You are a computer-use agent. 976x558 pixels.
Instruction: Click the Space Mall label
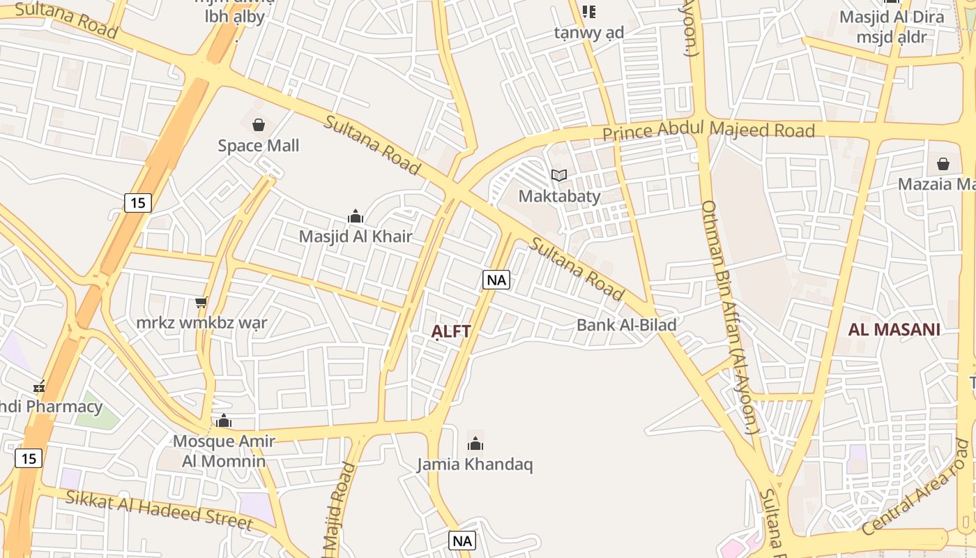click(x=258, y=145)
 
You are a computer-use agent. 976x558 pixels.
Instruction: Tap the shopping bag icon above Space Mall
click(x=259, y=125)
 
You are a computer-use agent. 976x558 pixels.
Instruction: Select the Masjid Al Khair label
click(x=356, y=236)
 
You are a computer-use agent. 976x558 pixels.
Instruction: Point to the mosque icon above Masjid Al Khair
click(x=356, y=216)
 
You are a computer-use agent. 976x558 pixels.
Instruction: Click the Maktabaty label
click(x=559, y=196)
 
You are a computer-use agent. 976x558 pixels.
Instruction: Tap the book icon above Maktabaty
click(x=559, y=175)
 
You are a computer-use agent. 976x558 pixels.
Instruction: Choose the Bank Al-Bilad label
click(x=626, y=324)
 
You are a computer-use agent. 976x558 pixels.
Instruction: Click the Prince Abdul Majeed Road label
click(x=708, y=130)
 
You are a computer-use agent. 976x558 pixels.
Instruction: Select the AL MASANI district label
click(x=894, y=329)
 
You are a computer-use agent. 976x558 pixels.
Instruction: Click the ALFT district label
click(x=451, y=331)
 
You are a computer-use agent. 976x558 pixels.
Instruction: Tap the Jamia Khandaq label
click(x=475, y=464)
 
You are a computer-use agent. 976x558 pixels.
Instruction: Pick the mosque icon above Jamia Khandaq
click(x=475, y=444)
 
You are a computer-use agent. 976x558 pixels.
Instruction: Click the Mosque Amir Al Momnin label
click(x=224, y=451)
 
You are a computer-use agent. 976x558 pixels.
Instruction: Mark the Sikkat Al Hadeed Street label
click(x=159, y=510)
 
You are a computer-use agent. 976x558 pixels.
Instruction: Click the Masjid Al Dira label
click(x=892, y=17)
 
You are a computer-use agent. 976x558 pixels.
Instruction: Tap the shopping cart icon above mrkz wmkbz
click(x=201, y=302)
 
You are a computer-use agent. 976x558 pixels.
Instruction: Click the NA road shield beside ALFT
click(x=496, y=280)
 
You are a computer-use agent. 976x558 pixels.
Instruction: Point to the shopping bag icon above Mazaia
click(x=943, y=164)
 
